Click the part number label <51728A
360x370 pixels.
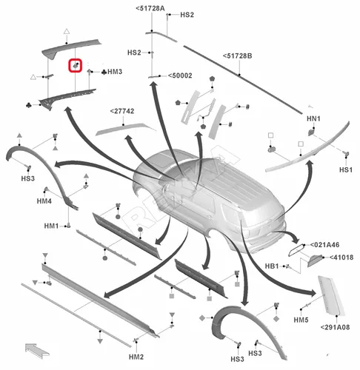(x=151, y=8)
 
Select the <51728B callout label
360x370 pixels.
(x=238, y=55)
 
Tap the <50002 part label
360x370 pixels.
(x=181, y=75)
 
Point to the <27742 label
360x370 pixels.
(x=124, y=111)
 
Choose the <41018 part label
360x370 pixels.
(x=341, y=258)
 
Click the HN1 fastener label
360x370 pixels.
(x=313, y=119)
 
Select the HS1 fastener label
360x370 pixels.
(x=346, y=169)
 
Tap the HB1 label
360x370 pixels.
(x=271, y=266)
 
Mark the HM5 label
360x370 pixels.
(x=300, y=320)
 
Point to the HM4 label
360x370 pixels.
(x=44, y=201)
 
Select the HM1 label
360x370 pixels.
(x=50, y=226)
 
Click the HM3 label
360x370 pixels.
(x=114, y=72)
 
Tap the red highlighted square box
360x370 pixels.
(x=76, y=66)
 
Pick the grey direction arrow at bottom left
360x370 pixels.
(x=34, y=347)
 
